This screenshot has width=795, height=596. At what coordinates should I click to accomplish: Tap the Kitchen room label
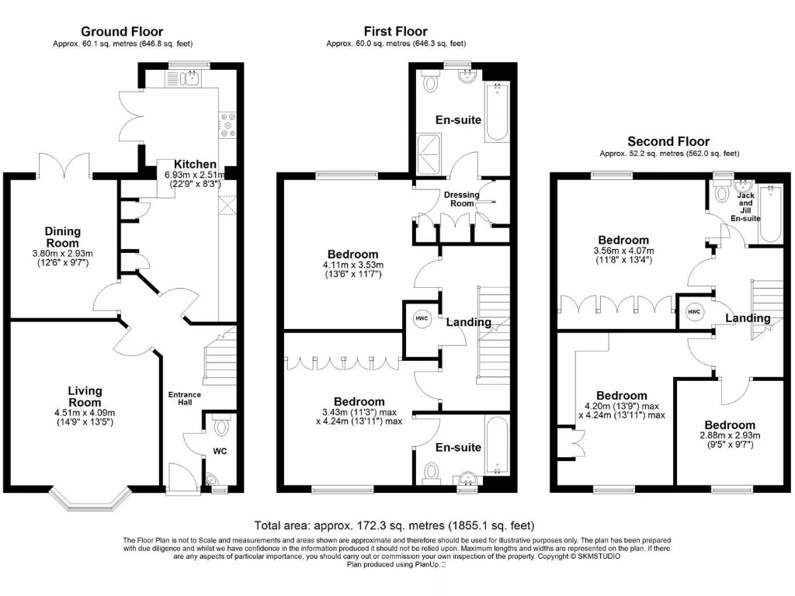coord(195,165)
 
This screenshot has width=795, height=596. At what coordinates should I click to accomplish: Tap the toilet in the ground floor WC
coord(221,425)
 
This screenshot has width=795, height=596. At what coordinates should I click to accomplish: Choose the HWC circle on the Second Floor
coord(694,311)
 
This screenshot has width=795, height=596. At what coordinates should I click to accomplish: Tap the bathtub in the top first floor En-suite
coord(497,113)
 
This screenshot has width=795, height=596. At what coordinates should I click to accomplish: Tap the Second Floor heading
coord(668,141)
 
